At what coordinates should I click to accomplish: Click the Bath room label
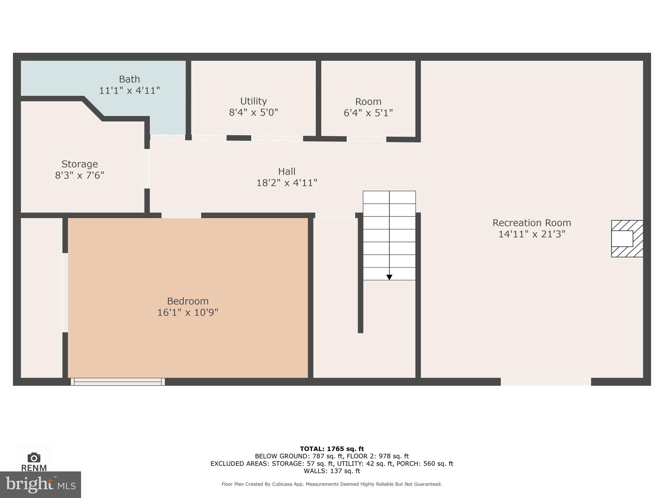pyautogui.click(x=129, y=79)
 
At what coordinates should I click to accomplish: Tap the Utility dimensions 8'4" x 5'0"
pyautogui.click(x=254, y=113)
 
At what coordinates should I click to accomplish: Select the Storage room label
pyautogui.click(x=79, y=164)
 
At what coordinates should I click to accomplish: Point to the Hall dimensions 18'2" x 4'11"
pyautogui.click(x=287, y=183)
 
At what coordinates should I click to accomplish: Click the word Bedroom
pyautogui.click(x=188, y=301)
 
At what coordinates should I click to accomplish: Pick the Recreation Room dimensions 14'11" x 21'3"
pyautogui.click(x=532, y=234)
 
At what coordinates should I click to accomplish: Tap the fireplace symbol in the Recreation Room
pyautogui.click(x=627, y=239)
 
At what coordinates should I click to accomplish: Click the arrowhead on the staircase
pyautogui.click(x=389, y=277)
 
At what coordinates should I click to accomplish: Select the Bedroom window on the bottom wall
pyautogui.click(x=118, y=382)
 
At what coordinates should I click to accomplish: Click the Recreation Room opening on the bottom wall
pyautogui.click(x=546, y=382)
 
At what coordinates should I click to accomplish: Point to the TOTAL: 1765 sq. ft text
pyautogui.click(x=332, y=449)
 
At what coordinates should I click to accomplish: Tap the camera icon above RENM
pyautogui.click(x=34, y=458)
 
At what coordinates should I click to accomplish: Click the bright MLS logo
pyautogui.click(x=41, y=485)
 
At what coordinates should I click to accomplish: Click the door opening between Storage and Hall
pyautogui.click(x=147, y=169)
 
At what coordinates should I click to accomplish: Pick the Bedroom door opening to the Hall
pyautogui.click(x=181, y=215)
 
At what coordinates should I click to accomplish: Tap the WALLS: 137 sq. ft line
pyautogui.click(x=332, y=471)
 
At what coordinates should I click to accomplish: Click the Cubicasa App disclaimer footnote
pyautogui.click(x=332, y=484)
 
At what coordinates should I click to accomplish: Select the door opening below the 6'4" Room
pyautogui.click(x=366, y=139)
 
